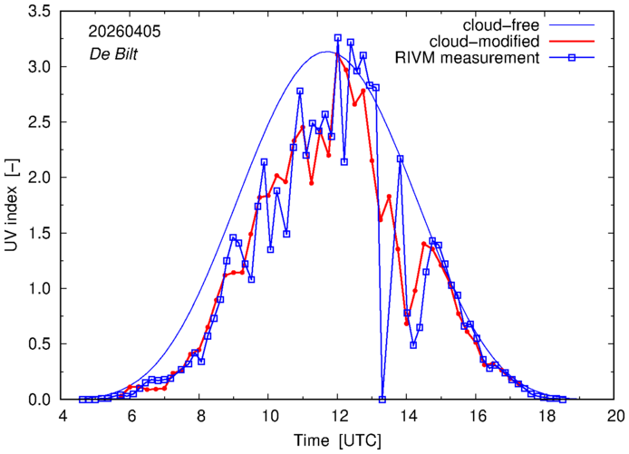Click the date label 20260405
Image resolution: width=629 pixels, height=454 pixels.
tap(124, 32)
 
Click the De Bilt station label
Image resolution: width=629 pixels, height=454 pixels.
tap(113, 54)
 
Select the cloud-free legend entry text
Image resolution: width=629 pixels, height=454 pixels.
tap(501, 25)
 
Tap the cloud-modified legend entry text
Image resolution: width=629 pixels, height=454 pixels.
tap(484, 42)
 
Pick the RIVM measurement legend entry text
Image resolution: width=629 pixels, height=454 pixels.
tap(468, 58)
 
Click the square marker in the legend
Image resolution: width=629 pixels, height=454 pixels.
tap(572, 58)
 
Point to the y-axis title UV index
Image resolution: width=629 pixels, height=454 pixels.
tap(13, 206)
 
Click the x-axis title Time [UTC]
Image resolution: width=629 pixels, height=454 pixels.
tap(338, 440)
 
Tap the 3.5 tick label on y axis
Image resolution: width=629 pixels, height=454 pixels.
tap(39, 11)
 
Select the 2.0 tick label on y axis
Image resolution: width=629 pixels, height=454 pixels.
tap(39, 178)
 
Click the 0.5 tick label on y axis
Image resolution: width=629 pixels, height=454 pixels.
tap(39, 343)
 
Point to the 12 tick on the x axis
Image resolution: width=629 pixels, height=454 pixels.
tap(338, 416)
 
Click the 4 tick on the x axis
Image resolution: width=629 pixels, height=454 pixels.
tap(63, 416)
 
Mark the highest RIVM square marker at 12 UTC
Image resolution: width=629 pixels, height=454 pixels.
tap(338, 38)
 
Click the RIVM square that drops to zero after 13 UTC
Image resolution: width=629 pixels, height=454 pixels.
tap(382, 400)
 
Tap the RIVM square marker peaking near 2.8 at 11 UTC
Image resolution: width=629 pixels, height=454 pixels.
tap(300, 91)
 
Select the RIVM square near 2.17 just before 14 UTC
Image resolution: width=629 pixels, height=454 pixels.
tap(400, 159)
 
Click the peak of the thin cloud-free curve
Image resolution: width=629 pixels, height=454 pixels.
tap(326, 52)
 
